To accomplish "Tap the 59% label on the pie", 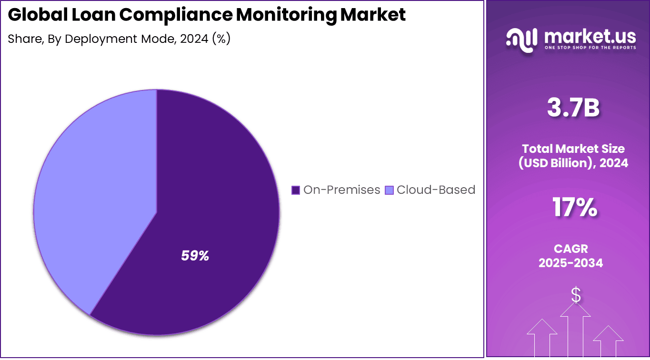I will point(195,256).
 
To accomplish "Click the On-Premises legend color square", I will point(295,190).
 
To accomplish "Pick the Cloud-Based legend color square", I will point(389,190).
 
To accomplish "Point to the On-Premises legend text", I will point(341,190).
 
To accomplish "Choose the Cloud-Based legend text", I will point(436,190).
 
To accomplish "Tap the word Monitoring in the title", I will point(286,15).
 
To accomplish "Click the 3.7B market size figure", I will point(573,108).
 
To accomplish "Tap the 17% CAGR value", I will point(574,208).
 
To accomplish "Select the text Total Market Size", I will point(573,149).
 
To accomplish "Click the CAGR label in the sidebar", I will point(570,249).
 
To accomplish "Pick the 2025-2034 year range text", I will point(570,263).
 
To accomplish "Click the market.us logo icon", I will point(521,38).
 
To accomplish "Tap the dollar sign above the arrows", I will point(576,295).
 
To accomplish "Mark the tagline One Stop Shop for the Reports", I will point(590,48).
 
